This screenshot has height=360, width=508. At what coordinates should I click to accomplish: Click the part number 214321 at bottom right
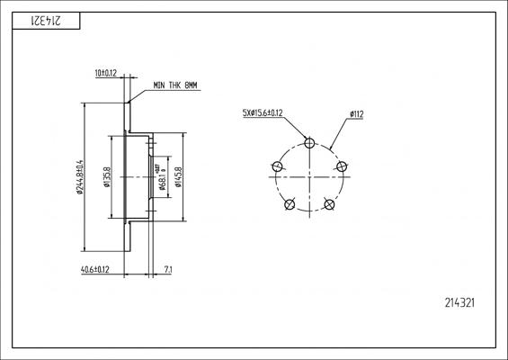(x=459, y=303)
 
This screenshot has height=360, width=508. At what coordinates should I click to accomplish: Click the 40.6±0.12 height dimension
(x=94, y=269)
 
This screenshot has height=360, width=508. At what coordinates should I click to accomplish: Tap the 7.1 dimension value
(x=168, y=269)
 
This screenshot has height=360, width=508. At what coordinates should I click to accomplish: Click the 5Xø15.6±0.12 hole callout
(x=263, y=113)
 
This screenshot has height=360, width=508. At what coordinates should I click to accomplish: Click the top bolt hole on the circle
(x=309, y=142)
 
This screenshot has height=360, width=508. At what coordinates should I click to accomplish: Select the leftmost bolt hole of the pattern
(x=277, y=166)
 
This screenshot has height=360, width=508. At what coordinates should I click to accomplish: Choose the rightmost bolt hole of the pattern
(x=342, y=166)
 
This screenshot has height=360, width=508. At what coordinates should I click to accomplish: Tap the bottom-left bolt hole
(x=290, y=204)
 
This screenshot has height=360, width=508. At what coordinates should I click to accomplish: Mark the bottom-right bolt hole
(x=329, y=204)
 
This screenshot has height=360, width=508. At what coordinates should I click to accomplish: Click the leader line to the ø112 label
(x=341, y=132)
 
